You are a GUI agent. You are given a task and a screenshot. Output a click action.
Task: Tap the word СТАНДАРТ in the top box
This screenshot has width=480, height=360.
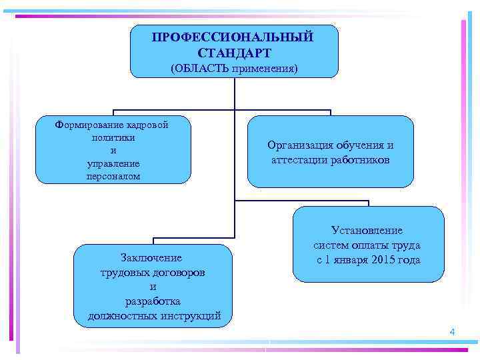pos(234,52)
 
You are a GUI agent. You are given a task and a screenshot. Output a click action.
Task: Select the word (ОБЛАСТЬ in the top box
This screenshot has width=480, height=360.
pos(197,69)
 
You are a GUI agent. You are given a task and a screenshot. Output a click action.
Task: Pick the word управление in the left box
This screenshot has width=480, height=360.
pos(113,163)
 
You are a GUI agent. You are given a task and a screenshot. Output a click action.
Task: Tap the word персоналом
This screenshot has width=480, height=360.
pos(113,177)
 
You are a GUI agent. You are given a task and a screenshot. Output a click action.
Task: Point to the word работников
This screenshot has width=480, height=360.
pos(360,161)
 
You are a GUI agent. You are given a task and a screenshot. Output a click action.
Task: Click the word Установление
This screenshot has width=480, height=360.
pos(367,231)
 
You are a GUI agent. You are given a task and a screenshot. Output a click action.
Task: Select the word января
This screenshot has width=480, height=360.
pos(347,260)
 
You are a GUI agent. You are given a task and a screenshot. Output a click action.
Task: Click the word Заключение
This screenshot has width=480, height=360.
pos(151,257)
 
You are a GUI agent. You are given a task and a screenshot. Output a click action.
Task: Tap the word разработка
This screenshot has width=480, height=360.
pos(153,301)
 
